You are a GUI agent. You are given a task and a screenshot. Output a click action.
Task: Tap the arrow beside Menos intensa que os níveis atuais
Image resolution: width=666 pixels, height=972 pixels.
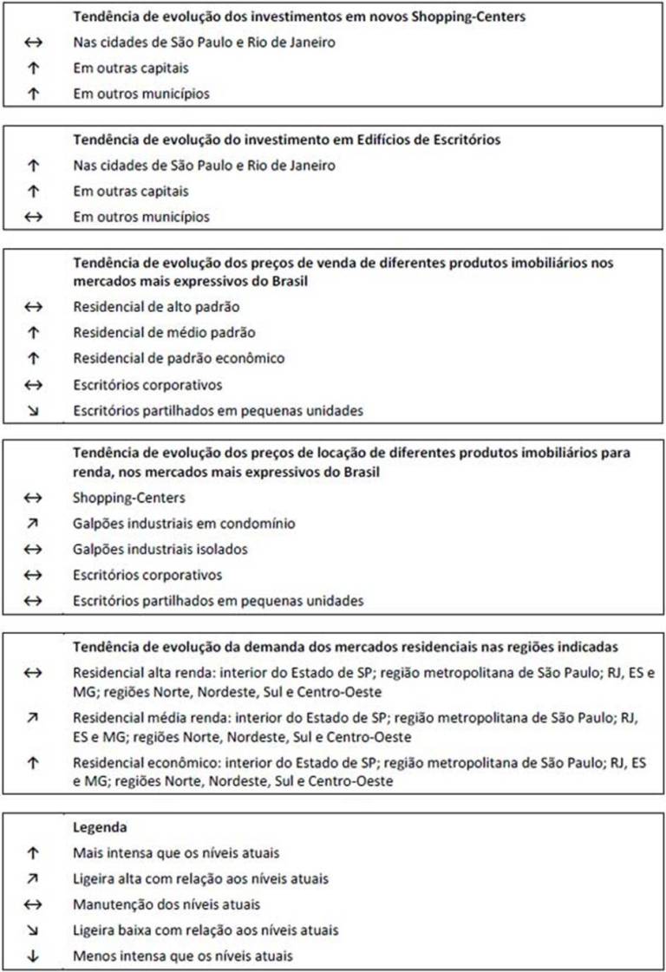coord(33,956)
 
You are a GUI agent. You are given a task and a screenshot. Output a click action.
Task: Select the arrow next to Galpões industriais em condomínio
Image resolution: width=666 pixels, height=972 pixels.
coord(33,524)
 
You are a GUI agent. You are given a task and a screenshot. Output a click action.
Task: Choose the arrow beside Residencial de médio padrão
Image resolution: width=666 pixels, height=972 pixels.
coord(33,332)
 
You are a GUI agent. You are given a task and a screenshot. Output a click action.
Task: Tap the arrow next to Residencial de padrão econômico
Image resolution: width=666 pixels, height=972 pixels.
coord(33,358)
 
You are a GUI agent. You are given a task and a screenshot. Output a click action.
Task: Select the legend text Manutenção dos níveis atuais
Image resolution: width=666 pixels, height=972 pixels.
coord(166,904)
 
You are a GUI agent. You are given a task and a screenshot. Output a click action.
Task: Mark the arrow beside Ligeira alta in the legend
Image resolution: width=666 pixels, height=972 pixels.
coord(33,879)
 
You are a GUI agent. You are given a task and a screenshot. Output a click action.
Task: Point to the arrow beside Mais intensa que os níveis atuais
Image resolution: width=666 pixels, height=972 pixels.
coord(33,853)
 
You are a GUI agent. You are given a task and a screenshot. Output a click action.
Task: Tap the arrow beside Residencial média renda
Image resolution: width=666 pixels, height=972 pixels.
coord(33,719)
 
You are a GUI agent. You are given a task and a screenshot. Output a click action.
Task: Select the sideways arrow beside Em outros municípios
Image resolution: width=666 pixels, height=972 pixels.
coord(33,216)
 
